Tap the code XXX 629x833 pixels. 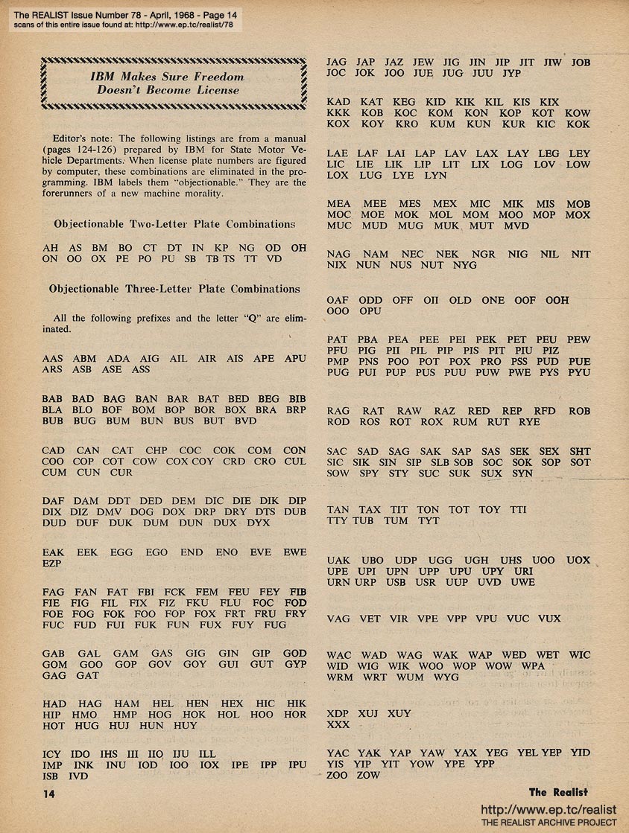tap(338, 724)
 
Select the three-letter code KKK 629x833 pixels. tap(339, 112)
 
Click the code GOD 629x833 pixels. tap(294, 654)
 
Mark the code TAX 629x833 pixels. tap(370, 510)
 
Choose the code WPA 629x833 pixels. tap(533, 666)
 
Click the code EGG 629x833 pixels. tap(121, 553)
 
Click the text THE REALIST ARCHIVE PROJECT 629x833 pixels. tap(549, 822)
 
